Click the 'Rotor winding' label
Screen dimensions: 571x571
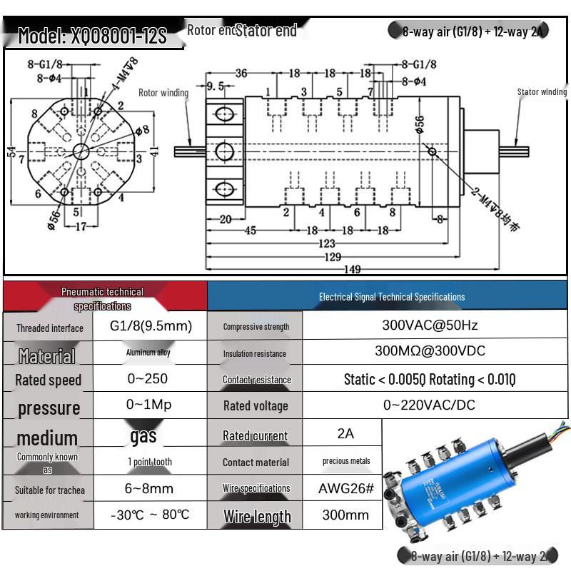click(x=163, y=93)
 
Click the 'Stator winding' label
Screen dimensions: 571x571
click(x=542, y=92)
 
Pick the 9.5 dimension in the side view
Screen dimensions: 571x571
click(x=216, y=87)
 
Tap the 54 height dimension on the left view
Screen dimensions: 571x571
click(x=12, y=152)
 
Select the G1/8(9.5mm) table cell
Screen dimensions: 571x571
click(x=151, y=326)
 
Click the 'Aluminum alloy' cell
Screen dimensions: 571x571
click(x=148, y=353)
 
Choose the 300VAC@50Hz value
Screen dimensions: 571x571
click(x=430, y=325)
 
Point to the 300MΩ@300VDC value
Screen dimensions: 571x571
click(x=430, y=351)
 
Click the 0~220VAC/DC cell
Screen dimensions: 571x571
click(x=429, y=405)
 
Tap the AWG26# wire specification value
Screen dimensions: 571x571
click(x=345, y=489)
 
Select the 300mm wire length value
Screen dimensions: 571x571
click(x=345, y=515)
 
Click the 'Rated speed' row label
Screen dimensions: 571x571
click(x=49, y=380)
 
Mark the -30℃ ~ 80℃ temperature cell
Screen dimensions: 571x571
click(x=150, y=515)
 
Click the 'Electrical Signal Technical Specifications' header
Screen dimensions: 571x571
click(x=391, y=297)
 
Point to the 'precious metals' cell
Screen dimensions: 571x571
click(x=346, y=461)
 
